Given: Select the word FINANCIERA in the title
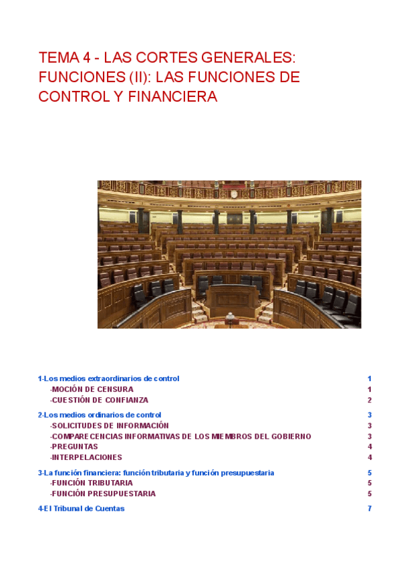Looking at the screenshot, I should point(178,97).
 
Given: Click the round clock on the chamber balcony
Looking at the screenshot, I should point(234,194).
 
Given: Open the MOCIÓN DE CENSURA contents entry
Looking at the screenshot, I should point(92,389).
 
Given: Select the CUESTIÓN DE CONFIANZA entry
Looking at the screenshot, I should point(99,400).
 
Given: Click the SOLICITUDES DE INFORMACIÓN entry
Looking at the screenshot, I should point(110,425).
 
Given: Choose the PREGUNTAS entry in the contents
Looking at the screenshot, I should point(74,447).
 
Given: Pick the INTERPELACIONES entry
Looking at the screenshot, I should point(86,457).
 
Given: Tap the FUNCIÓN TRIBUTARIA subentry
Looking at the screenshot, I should point(92,483).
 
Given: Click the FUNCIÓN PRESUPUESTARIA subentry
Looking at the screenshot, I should point(103,493).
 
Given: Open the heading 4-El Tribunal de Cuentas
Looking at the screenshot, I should point(81,508).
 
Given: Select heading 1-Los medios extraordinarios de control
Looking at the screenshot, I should point(108,378).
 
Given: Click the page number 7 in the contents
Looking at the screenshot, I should point(370,508).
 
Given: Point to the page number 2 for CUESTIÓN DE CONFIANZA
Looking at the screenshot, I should point(370,400).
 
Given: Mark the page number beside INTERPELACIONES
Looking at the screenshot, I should point(370,457).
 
